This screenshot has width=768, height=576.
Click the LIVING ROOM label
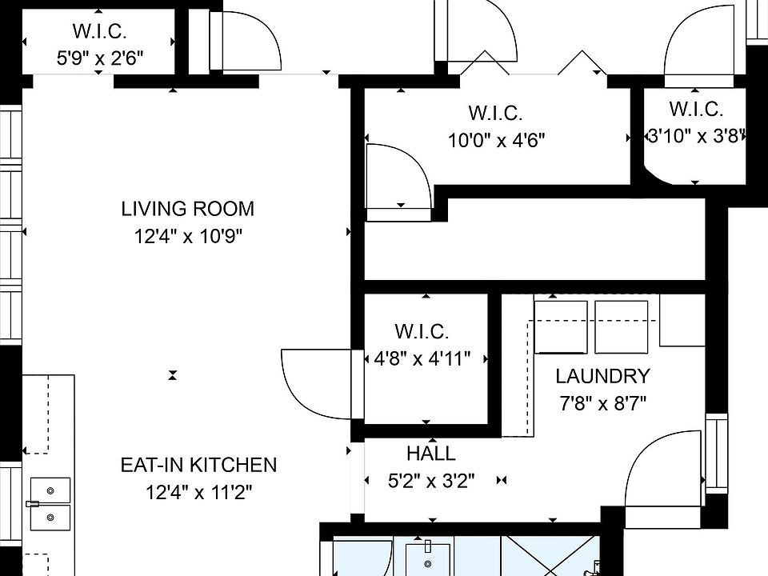(x=187, y=209)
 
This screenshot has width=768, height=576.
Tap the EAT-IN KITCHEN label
(x=198, y=465)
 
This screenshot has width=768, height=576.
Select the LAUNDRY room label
(x=602, y=376)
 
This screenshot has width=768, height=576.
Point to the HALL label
(x=431, y=454)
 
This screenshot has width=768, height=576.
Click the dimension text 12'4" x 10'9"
(x=189, y=237)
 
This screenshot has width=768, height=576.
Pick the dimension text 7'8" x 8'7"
(x=602, y=404)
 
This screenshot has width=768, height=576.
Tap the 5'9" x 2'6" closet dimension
(x=100, y=58)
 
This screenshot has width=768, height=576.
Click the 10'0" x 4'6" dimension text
(x=496, y=141)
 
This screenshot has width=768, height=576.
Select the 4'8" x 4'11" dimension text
(x=422, y=359)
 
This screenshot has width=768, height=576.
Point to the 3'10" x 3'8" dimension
(x=695, y=136)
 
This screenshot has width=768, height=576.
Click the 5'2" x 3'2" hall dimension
(x=431, y=481)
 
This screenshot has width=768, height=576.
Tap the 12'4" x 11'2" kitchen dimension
(x=198, y=492)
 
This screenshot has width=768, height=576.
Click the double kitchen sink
(x=50, y=504)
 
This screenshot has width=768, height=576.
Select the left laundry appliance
(x=561, y=327)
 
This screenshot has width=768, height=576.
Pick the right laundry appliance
(x=622, y=327)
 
